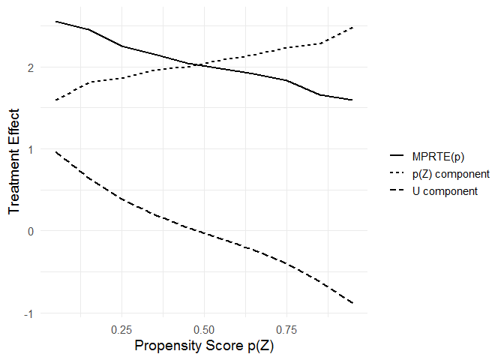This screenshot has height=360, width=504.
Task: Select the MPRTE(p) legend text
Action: coord(438,157)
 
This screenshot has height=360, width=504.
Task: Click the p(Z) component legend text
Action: coord(451,174)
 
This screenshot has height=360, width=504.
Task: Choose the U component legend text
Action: coord(445,191)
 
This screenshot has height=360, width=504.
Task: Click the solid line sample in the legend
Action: coord(397,157)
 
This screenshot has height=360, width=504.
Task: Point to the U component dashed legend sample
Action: coord(397,191)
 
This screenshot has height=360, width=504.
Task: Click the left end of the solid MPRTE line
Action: coord(56,22)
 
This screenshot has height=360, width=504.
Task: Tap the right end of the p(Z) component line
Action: coord(352,28)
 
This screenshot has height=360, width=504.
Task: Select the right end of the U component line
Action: coord(352,302)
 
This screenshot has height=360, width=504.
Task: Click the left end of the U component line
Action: coord(56,152)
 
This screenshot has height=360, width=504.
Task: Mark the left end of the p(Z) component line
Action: coord(56,100)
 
